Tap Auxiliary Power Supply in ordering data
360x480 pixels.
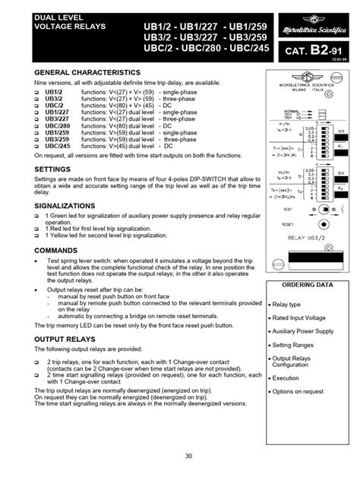coord(304,331)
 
